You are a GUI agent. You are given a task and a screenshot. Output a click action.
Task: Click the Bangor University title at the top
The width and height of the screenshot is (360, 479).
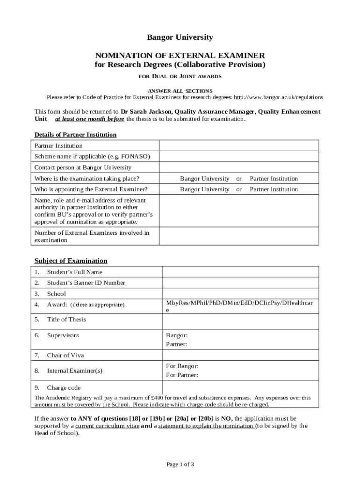point(180,37)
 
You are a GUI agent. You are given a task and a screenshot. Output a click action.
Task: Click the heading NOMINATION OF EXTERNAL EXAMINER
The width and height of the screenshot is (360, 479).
point(180,55)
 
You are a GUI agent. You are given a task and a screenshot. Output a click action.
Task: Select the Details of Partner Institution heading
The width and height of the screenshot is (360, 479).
point(75,135)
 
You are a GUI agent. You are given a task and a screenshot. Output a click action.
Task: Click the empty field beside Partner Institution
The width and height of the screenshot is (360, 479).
point(239,145)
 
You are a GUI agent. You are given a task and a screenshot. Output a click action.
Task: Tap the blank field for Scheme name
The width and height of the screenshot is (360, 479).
point(239,156)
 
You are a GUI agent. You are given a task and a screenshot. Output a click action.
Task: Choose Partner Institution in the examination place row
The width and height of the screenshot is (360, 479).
point(274,179)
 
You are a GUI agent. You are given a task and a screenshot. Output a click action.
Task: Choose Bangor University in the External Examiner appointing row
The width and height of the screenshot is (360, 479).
point(205,189)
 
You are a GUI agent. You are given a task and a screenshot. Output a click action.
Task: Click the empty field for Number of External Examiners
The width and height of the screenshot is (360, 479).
point(239,236)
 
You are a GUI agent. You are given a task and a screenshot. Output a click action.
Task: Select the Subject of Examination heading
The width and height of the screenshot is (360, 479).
point(71,261)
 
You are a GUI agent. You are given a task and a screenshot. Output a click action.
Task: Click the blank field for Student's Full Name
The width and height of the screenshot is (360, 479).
point(240,272)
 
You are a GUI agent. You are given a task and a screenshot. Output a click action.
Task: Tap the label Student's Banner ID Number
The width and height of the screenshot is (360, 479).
point(86,283)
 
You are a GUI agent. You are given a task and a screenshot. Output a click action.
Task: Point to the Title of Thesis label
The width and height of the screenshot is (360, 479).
point(66,319)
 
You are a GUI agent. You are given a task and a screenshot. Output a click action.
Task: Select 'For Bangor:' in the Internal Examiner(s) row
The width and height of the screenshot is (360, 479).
point(182,366)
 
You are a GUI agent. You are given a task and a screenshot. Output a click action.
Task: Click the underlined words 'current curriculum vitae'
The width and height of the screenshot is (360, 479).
point(107,426)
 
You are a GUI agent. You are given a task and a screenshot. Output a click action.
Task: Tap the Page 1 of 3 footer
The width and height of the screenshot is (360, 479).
point(180,464)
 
